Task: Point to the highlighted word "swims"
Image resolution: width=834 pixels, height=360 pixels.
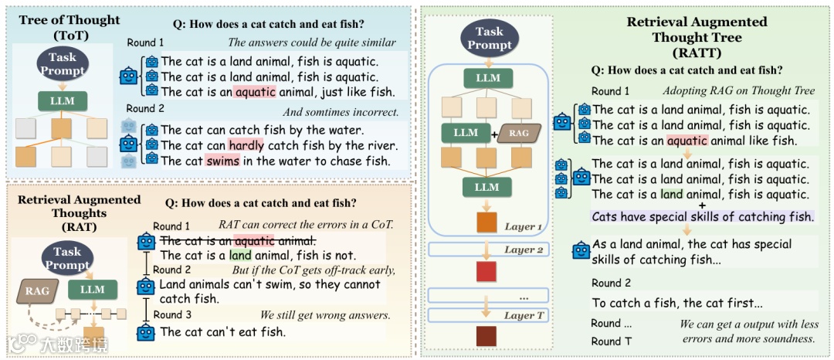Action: click(x=223, y=161)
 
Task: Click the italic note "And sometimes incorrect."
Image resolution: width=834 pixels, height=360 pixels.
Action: click(x=341, y=112)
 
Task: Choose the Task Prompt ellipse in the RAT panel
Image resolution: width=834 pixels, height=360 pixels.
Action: click(x=67, y=257)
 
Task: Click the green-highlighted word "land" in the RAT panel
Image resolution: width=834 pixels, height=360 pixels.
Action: click(x=240, y=255)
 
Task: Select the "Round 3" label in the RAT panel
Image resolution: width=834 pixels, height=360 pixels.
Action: click(x=172, y=314)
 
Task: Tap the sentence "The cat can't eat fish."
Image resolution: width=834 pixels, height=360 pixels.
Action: click(x=222, y=332)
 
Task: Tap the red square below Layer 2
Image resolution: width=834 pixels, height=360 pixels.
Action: click(x=486, y=271)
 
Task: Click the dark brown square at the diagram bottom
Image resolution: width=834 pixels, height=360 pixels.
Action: click(x=486, y=337)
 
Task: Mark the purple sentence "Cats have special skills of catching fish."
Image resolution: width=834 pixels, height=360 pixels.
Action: click(x=703, y=217)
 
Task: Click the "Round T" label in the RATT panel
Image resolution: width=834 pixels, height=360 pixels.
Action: click(x=606, y=341)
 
